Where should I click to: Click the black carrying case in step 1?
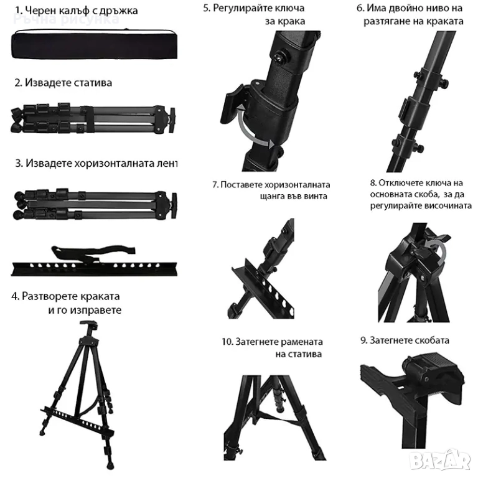point(95,44)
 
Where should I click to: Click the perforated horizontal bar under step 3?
point(94,269)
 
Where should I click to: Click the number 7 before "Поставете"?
point(215,185)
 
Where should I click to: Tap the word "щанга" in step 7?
point(270,196)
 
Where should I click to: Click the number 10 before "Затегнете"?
point(227,342)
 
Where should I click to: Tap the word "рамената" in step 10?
point(301,342)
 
